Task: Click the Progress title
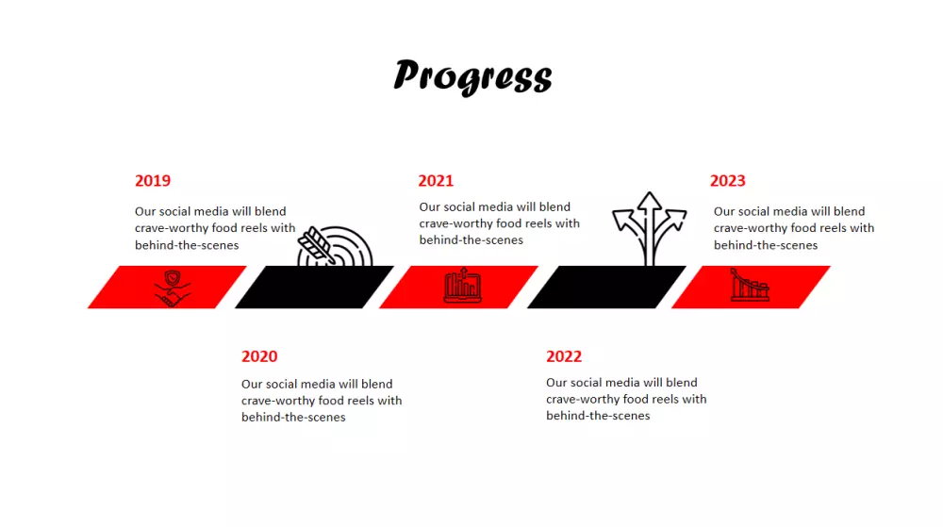coord(472,76)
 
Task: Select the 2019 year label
coord(153,181)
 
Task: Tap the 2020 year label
coord(259,356)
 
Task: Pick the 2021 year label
coord(436,181)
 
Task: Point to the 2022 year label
coord(564,356)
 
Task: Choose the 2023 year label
coord(727,181)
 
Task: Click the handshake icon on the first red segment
coord(173,288)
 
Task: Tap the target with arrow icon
coord(335,246)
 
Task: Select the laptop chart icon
coord(462,285)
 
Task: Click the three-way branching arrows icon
coord(649,228)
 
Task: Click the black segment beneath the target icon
coord(315,288)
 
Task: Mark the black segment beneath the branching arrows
coord(606,288)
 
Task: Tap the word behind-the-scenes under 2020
coord(293,417)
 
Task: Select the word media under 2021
coord(495,206)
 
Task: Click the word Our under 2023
coord(723,211)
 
